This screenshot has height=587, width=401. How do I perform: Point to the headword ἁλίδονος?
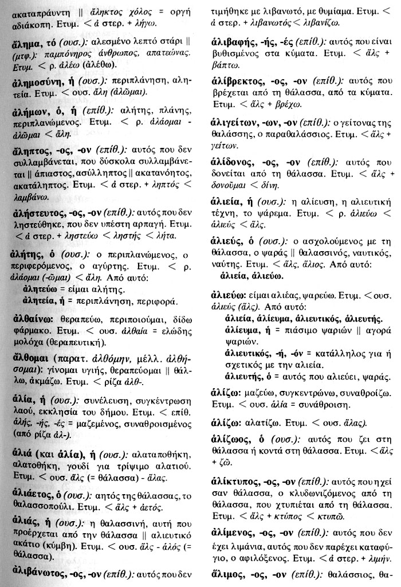(x=232, y=161)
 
